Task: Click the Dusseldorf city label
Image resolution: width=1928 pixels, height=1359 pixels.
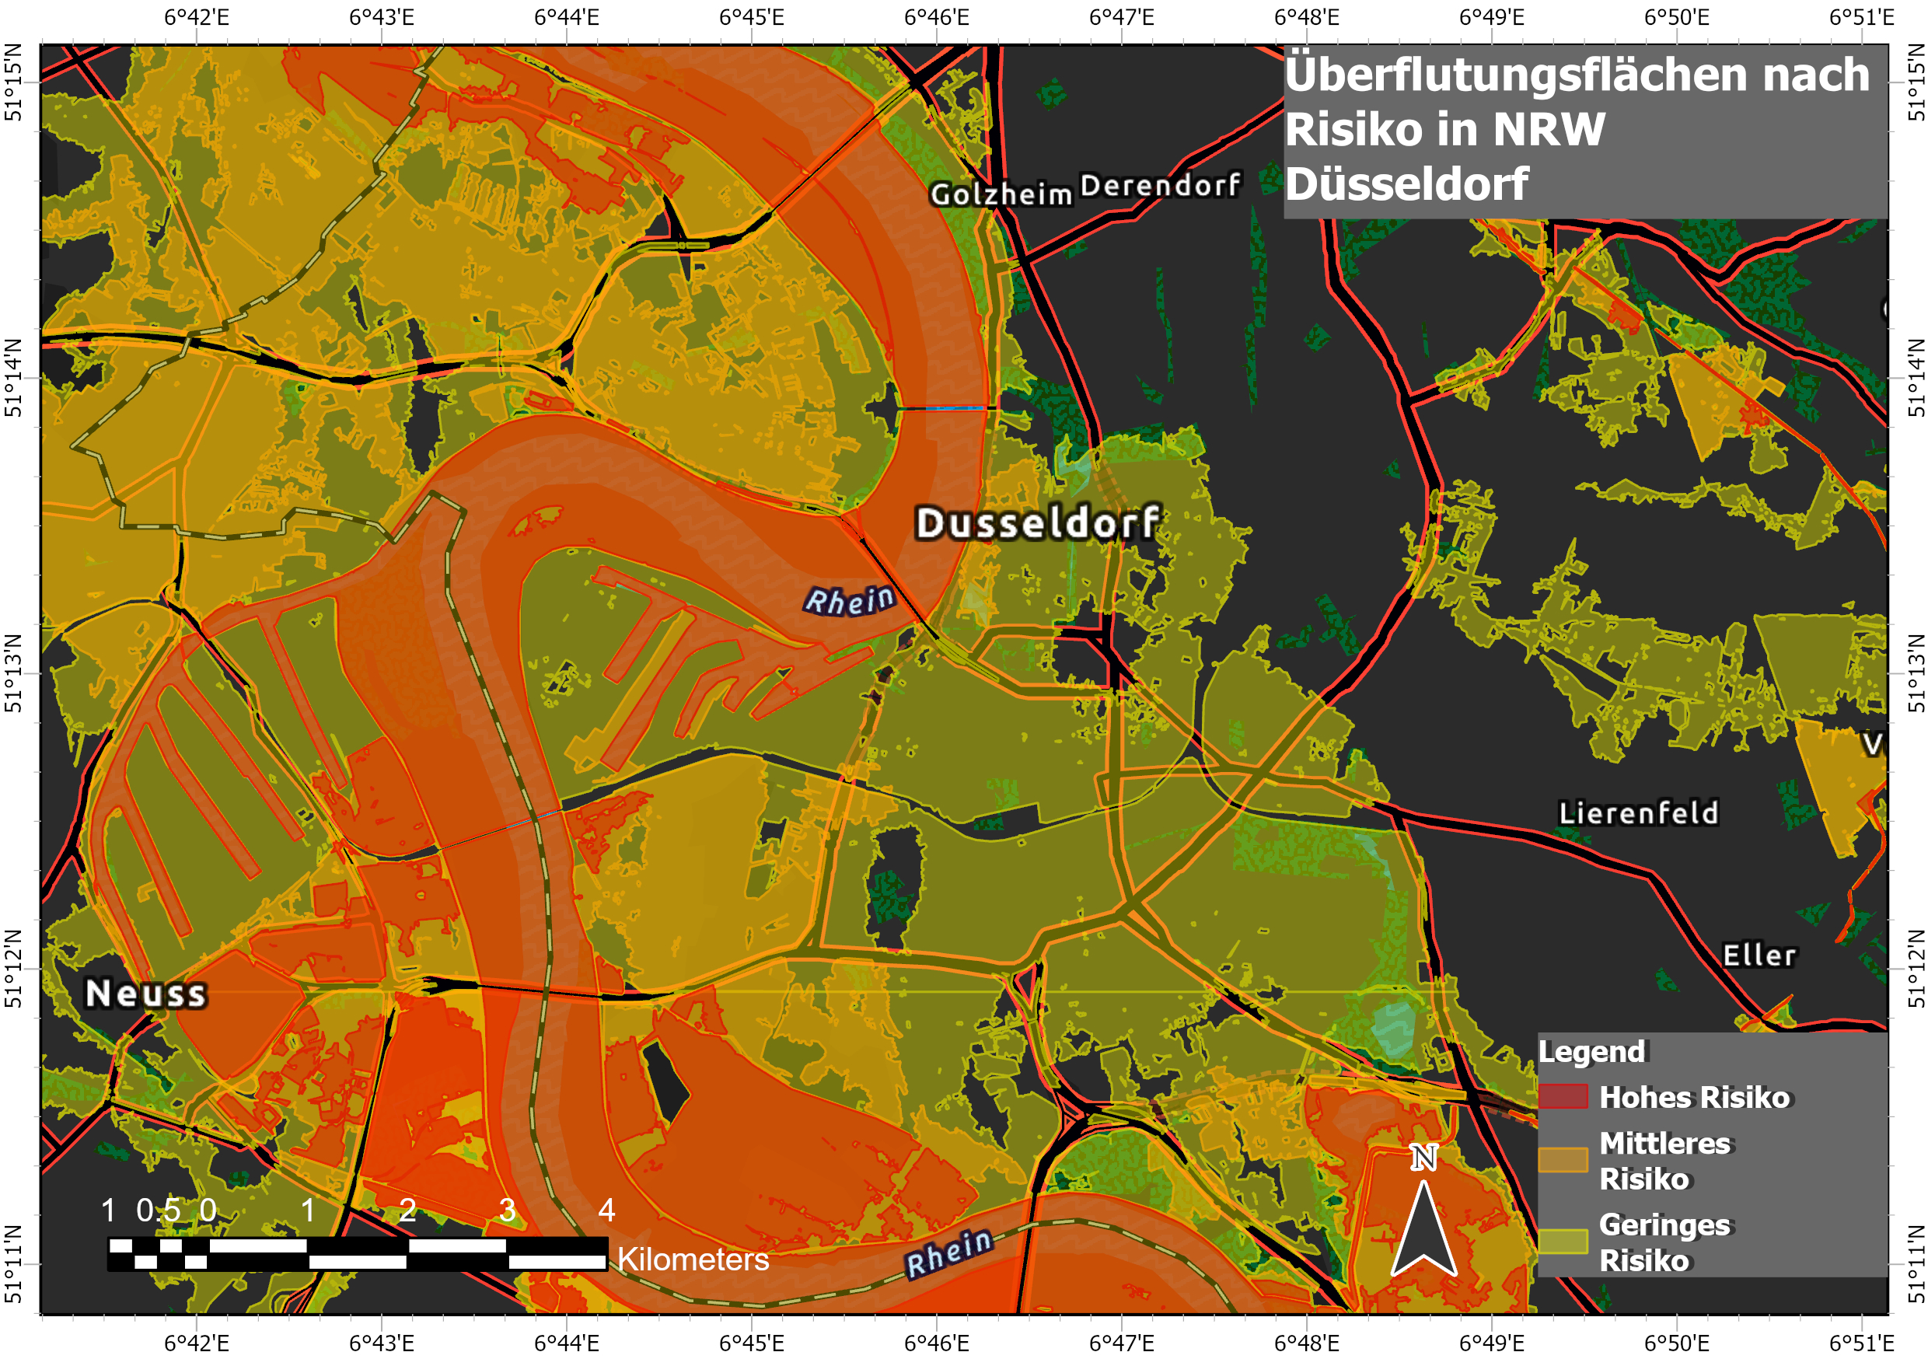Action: (1038, 523)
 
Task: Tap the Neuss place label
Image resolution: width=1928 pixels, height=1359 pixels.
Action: (146, 994)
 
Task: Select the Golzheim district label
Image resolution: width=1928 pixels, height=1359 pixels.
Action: (1001, 195)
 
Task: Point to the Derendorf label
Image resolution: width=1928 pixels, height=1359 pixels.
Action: (1161, 186)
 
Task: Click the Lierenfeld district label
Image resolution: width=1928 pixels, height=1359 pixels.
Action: (1638, 813)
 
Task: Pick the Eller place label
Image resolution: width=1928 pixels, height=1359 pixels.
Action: (1759, 955)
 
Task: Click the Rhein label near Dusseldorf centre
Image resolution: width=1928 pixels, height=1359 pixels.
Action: (850, 600)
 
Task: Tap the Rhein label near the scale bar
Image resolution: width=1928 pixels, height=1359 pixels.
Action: (950, 1252)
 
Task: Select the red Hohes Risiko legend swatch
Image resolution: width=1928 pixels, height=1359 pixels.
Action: (1563, 1097)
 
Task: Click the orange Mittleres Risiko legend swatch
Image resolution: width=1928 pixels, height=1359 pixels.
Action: (1563, 1160)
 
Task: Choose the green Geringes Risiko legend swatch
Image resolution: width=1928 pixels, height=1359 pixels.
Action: (1563, 1242)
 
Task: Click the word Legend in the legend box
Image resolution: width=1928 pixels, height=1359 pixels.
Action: (1591, 1052)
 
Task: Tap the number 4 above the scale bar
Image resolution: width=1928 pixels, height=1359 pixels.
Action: (606, 1211)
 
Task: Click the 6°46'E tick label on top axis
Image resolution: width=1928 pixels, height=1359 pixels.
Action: (936, 18)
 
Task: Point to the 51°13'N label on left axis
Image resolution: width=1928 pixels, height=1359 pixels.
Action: (13, 673)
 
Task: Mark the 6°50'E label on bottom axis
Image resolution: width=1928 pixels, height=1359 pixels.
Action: (1676, 1343)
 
